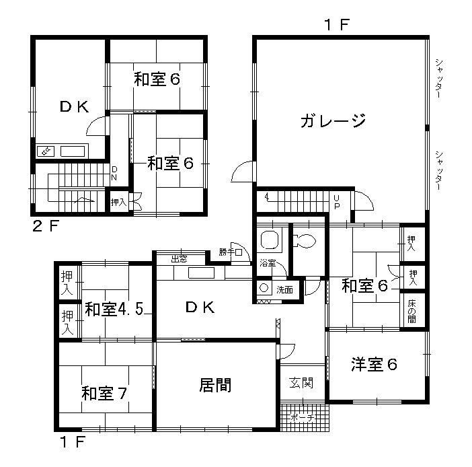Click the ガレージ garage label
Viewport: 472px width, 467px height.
(333, 121)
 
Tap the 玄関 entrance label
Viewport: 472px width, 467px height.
(301, 384)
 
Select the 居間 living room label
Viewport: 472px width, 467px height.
(216, 386)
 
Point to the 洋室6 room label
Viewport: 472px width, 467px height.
(374, 365)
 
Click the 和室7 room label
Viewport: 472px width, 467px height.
(105, 393)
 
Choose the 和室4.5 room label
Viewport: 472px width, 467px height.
(112, 311)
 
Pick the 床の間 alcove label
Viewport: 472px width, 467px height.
(412, 308)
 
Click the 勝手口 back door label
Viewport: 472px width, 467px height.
(229, 252)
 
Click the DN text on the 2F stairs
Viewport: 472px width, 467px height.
(114, 173)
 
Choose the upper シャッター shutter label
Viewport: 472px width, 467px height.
(438, 79)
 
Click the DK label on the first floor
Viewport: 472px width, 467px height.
(200, 308)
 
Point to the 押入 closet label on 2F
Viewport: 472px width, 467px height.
(118, 201)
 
